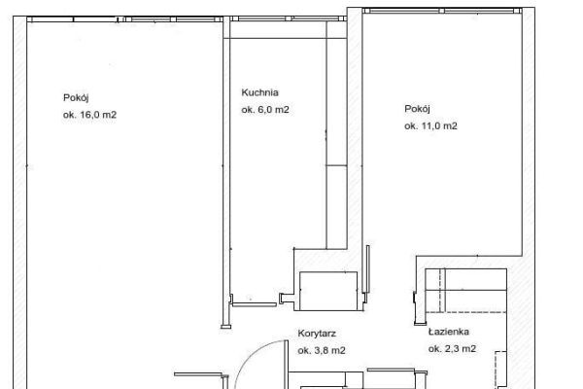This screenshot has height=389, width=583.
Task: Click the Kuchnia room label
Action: tap(259, 92)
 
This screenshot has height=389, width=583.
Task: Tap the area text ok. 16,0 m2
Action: tap(89, 115)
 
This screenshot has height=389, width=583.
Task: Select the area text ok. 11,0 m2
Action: tap(430, 125)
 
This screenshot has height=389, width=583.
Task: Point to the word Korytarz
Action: tap(317, 334)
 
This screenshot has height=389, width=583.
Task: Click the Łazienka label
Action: tap(448, 332)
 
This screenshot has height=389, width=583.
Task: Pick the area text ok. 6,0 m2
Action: tap(265, 110)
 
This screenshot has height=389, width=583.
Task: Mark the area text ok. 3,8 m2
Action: tap(322, 350)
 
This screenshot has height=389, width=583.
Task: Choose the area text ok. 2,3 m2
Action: tap(452, 348)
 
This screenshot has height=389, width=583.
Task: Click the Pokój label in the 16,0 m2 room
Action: tap(76, 98)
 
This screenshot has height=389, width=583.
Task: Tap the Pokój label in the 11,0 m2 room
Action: tap(417, 109)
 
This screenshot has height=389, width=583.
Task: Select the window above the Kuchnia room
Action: tap(288, 18)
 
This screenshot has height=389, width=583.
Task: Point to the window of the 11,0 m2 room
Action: tap(442, 11)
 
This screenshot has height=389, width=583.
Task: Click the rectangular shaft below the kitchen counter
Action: tap(328, 291)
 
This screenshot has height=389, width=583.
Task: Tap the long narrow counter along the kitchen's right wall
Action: tap(336, 135)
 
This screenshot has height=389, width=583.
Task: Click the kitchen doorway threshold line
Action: tap(255, 304)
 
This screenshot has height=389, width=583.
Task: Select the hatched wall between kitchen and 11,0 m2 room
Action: tap(355, 149)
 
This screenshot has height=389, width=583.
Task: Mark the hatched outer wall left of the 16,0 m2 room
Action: tap(19, 202)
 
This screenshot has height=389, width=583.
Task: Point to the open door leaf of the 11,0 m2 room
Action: tap(367, 268)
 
